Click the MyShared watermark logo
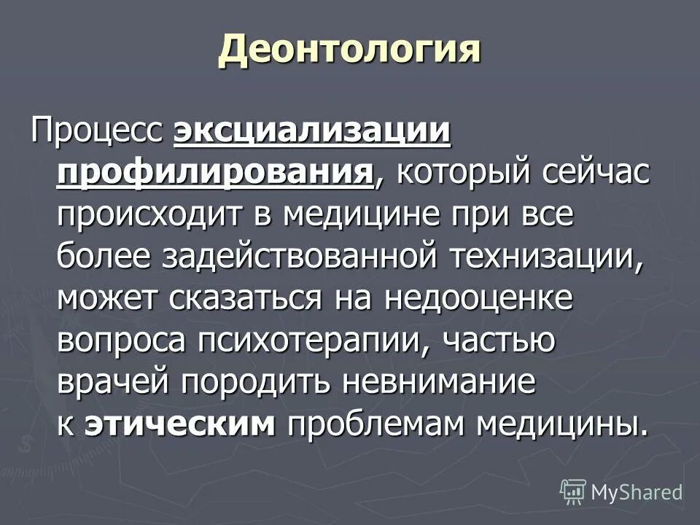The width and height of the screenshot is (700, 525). click(x=622, y=491)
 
